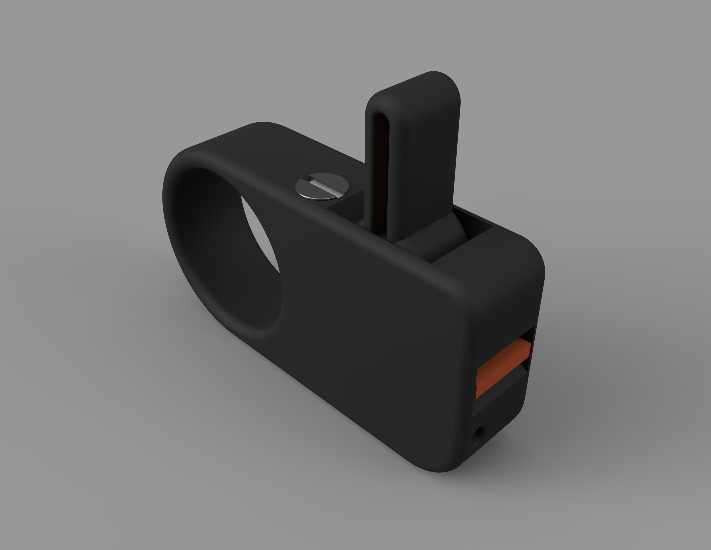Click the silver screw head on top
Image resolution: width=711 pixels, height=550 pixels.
click(322, 186)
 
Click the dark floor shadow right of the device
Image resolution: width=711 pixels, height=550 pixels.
click(570, 440)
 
